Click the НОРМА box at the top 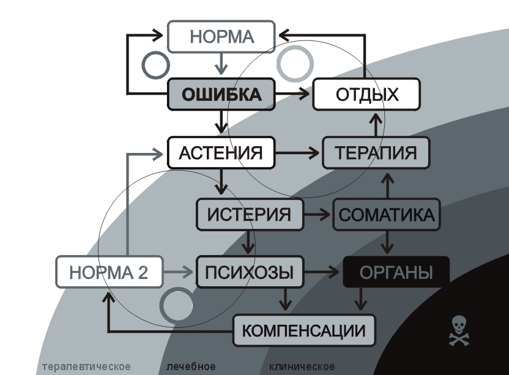click(221, 37)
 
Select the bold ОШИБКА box click(221, 95)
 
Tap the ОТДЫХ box click(366, 94)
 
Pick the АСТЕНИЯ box click(221, 152)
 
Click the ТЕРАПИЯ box click(376, 152)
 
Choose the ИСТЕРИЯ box click(250, 215)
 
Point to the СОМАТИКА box click(386, 215)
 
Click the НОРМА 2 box click(109, 272)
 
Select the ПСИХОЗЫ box click(250, 272)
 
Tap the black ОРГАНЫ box click(396, 272)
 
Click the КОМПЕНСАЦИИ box click(304, 331)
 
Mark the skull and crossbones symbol click(460, 331)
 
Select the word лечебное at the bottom click(191, 366)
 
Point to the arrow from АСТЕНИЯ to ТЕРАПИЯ click(299, 152)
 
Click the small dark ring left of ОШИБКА click(155, 64)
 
